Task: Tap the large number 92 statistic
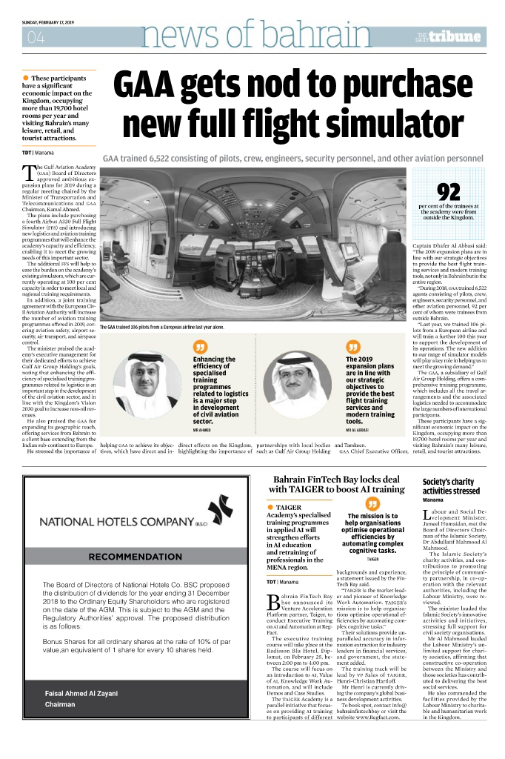coord(449,192)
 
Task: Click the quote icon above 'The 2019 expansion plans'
coord(352,348)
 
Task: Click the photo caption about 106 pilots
coord(161,327)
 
